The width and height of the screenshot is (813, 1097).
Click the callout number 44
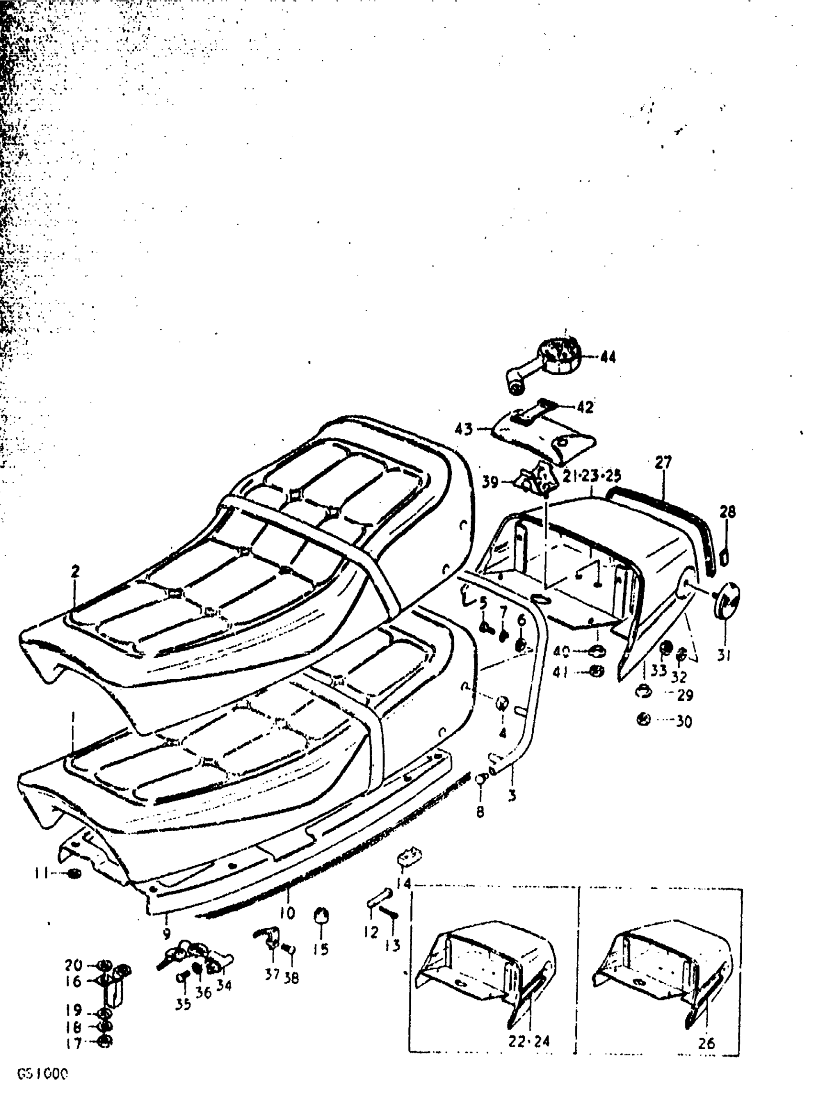608,358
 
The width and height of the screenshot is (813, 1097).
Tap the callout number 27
663,463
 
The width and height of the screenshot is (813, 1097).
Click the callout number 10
287,913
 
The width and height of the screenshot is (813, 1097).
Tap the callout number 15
321,949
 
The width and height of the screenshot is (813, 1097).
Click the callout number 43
463,429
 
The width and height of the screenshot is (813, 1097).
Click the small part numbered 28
725,558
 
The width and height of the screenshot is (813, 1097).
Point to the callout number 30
684,722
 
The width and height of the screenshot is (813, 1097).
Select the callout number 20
74,966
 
